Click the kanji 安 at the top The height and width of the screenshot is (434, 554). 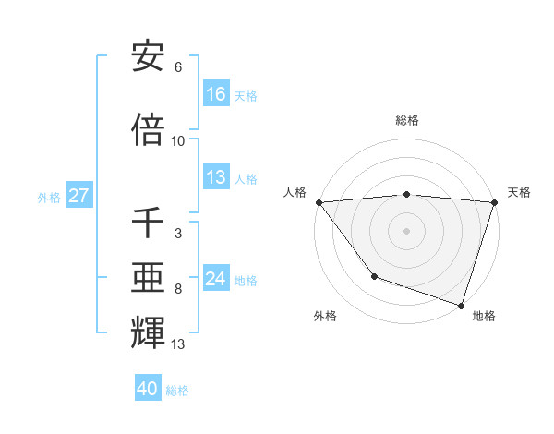148,58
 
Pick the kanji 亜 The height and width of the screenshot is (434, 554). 148,276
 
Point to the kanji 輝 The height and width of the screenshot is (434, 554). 148,333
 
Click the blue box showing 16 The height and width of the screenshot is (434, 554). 216,94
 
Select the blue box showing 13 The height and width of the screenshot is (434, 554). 216,178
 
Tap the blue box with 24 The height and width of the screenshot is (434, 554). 216,279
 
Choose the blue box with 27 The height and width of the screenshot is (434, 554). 79,196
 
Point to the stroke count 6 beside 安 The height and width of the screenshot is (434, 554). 178,68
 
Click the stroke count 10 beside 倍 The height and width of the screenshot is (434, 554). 178,141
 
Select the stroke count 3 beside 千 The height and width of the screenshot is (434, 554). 178,234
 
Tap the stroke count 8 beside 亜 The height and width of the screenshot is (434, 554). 178,289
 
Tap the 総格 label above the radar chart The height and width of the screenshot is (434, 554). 407,120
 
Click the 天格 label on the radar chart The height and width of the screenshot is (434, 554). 519,192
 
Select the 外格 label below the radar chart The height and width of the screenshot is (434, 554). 325,316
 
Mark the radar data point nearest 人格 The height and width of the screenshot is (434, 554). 319,202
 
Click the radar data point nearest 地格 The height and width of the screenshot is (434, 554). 462,305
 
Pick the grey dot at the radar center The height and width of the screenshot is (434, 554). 407,230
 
